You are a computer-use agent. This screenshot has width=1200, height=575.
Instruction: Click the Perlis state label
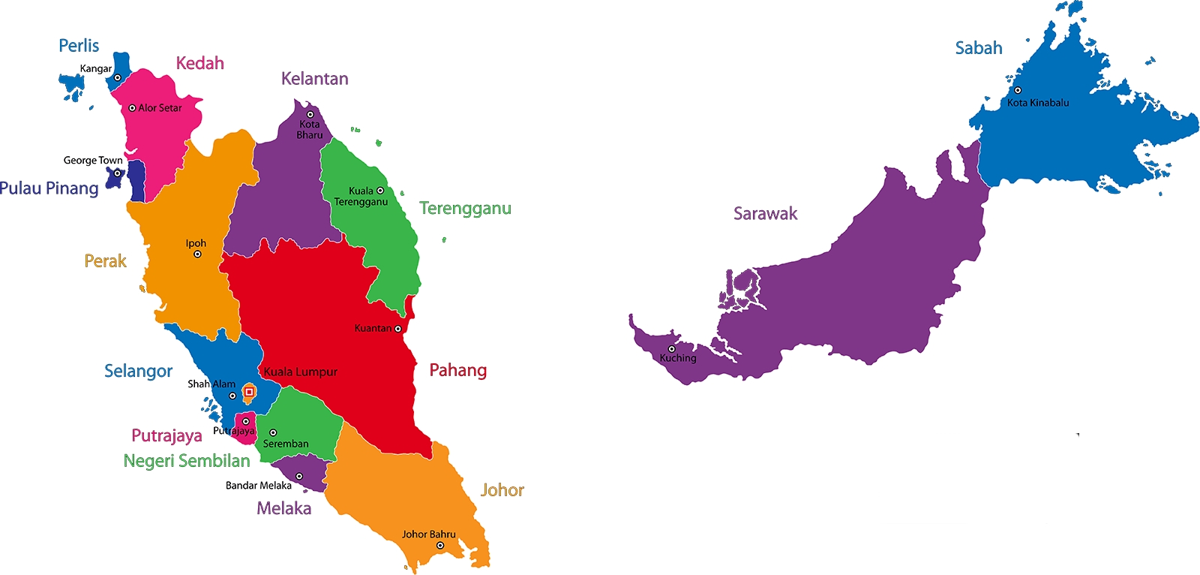coord(79,46)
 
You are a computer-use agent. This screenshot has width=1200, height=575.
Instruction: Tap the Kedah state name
coord(199,63)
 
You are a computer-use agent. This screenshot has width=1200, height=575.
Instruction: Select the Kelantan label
coord(314,79)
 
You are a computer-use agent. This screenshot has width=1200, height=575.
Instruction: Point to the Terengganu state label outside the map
coord(465,208)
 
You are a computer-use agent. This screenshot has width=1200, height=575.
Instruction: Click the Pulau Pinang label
coord(49,188)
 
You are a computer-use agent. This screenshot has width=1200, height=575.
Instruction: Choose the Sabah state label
coord(978,48)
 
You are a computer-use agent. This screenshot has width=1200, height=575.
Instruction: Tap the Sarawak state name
coord(765,214)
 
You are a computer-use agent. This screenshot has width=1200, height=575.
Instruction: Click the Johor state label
coord(502,490)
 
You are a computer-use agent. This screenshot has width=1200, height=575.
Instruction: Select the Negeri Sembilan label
coord(187,461)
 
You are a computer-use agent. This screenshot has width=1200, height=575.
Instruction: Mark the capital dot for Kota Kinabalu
coord(1018,90)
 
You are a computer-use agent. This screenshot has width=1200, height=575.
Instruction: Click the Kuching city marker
coord(671,349)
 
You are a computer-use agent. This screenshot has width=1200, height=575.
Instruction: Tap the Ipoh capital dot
coord(197,254)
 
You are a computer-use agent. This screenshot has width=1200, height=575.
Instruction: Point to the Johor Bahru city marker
coord(440,546)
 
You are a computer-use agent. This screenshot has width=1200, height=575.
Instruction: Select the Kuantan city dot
coord(398,329)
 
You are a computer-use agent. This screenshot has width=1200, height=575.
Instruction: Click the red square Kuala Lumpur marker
coord(249,392)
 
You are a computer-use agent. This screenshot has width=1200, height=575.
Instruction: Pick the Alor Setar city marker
coord(132,108)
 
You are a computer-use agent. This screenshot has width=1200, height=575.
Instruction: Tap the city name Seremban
coord(286,444)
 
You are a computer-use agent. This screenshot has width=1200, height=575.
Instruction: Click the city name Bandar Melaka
coord(258,486)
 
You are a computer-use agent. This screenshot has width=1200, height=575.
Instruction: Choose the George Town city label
coord(93,161)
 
